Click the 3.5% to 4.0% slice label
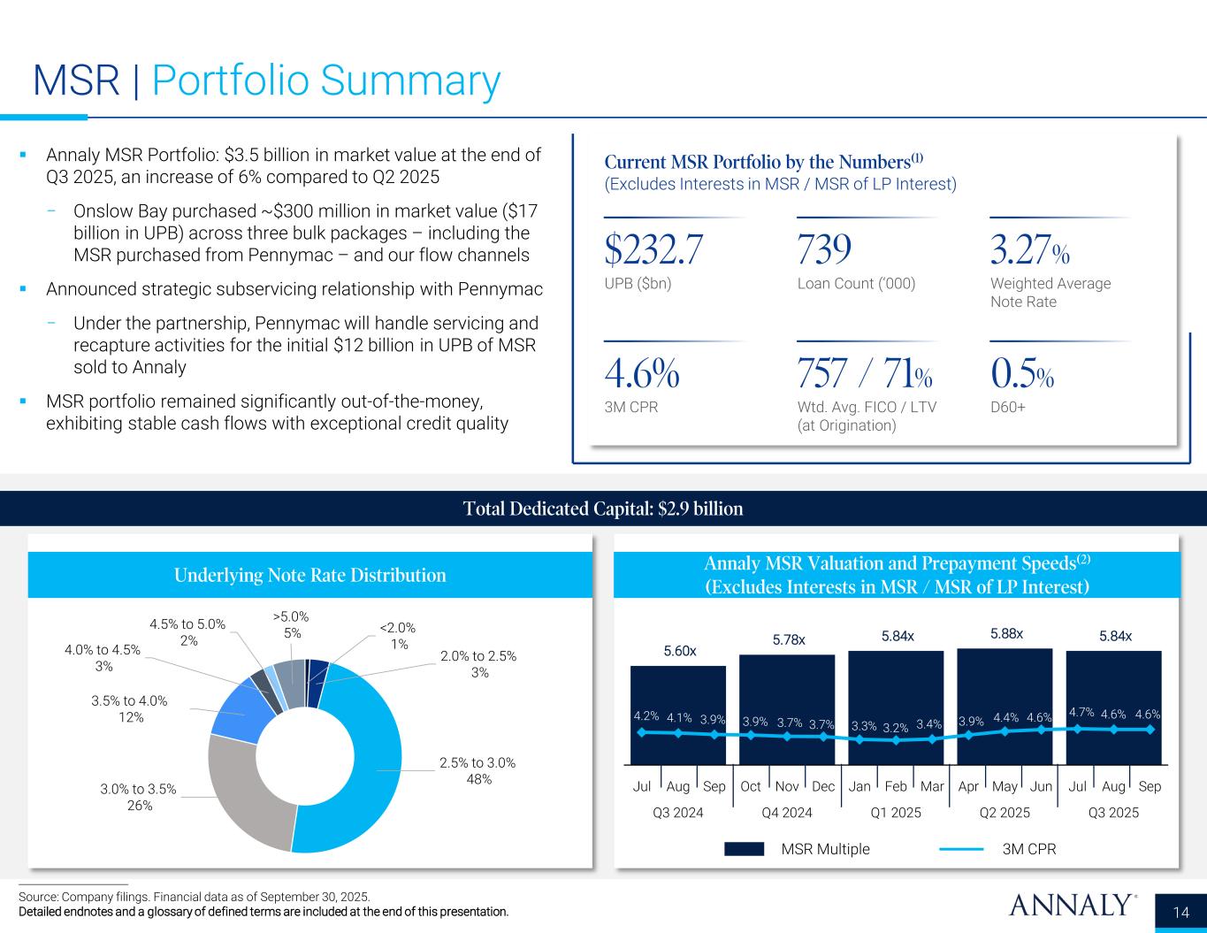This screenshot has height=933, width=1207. (129, 709)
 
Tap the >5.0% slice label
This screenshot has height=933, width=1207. (292, 624)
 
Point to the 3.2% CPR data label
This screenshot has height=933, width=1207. (896, 727)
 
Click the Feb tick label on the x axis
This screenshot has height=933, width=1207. (896, 786)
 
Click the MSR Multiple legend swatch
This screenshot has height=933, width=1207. (744, 849)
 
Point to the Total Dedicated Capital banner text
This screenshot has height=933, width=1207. (603, 509)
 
